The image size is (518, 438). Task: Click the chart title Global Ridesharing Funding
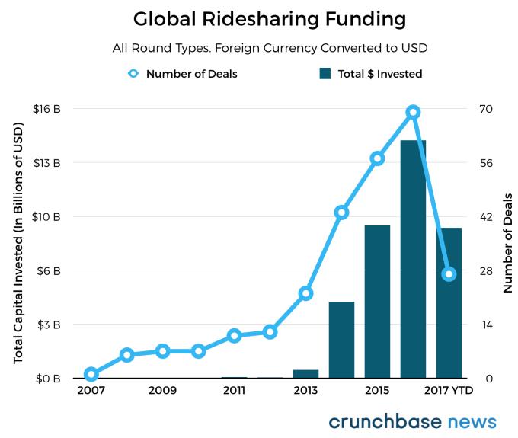258,18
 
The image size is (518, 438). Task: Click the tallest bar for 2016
413,259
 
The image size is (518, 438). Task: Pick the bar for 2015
377,302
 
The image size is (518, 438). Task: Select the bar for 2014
341,340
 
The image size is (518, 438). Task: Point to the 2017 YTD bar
449,302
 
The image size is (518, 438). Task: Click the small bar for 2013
305,373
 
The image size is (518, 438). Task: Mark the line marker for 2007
91,374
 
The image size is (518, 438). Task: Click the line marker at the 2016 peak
413,112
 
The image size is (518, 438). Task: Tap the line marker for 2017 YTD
449,273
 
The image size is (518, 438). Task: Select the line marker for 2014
341,213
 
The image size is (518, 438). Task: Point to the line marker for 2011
234,336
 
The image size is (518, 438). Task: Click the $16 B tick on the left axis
47,109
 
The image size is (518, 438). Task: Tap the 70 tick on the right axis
485,109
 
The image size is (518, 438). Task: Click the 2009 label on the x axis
162,391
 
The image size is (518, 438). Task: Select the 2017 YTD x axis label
449,391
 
